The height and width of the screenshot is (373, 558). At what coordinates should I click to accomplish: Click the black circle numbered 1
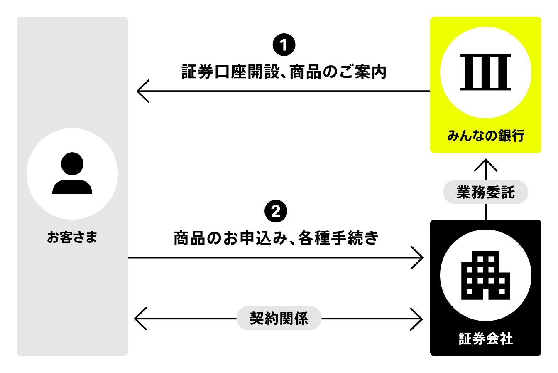[x=284, y=45]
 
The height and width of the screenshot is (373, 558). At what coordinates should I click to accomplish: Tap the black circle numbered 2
[x=276, y=212]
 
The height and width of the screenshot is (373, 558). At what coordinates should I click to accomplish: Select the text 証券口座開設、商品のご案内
[x=284, y=72]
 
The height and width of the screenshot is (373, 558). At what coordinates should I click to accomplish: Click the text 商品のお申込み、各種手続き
[x=276, y=238]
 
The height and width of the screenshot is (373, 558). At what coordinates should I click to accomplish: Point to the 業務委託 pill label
[x=485, y=193]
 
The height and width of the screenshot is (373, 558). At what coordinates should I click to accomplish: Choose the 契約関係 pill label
[x=279, y=319]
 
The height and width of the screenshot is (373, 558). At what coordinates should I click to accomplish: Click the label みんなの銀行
[x=485, y=136]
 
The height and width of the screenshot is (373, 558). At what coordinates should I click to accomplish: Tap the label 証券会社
[x=485, y=339]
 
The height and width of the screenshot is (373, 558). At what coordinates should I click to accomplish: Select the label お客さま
[x=72, y=237]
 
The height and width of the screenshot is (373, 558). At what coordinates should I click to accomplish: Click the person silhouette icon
[x=72, y=174]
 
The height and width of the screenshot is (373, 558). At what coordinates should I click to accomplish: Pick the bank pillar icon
[x=485, y=72]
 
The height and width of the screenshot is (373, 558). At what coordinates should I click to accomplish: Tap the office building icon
[x=485, y=275]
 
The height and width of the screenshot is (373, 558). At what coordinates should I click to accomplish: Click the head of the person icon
[x=72, y=164]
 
